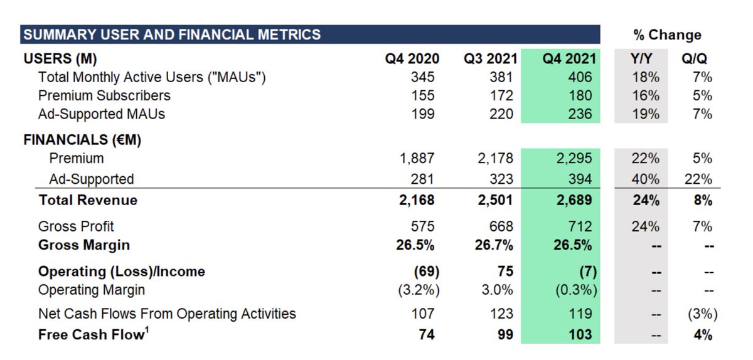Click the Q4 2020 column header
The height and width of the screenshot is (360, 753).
412,59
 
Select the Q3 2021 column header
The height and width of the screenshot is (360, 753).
491,59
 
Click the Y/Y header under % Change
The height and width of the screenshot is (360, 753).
641,59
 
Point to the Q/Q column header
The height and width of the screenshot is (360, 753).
694,59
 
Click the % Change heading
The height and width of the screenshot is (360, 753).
666,35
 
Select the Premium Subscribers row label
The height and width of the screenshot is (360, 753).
104,96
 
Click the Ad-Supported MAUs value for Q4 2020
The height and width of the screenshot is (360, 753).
422,114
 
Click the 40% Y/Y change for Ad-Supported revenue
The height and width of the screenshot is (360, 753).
646,179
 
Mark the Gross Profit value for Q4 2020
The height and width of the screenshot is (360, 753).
422,226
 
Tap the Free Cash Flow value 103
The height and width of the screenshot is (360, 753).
579,335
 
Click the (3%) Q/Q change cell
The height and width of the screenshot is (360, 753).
700,314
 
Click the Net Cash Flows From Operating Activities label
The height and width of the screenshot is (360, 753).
167,314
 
